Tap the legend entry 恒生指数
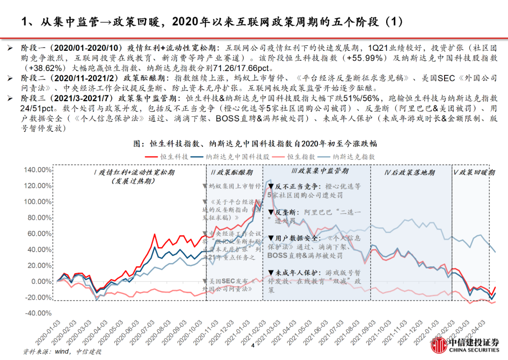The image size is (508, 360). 302,156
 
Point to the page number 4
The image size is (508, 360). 253,346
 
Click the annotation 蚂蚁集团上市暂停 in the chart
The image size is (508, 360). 234,186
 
